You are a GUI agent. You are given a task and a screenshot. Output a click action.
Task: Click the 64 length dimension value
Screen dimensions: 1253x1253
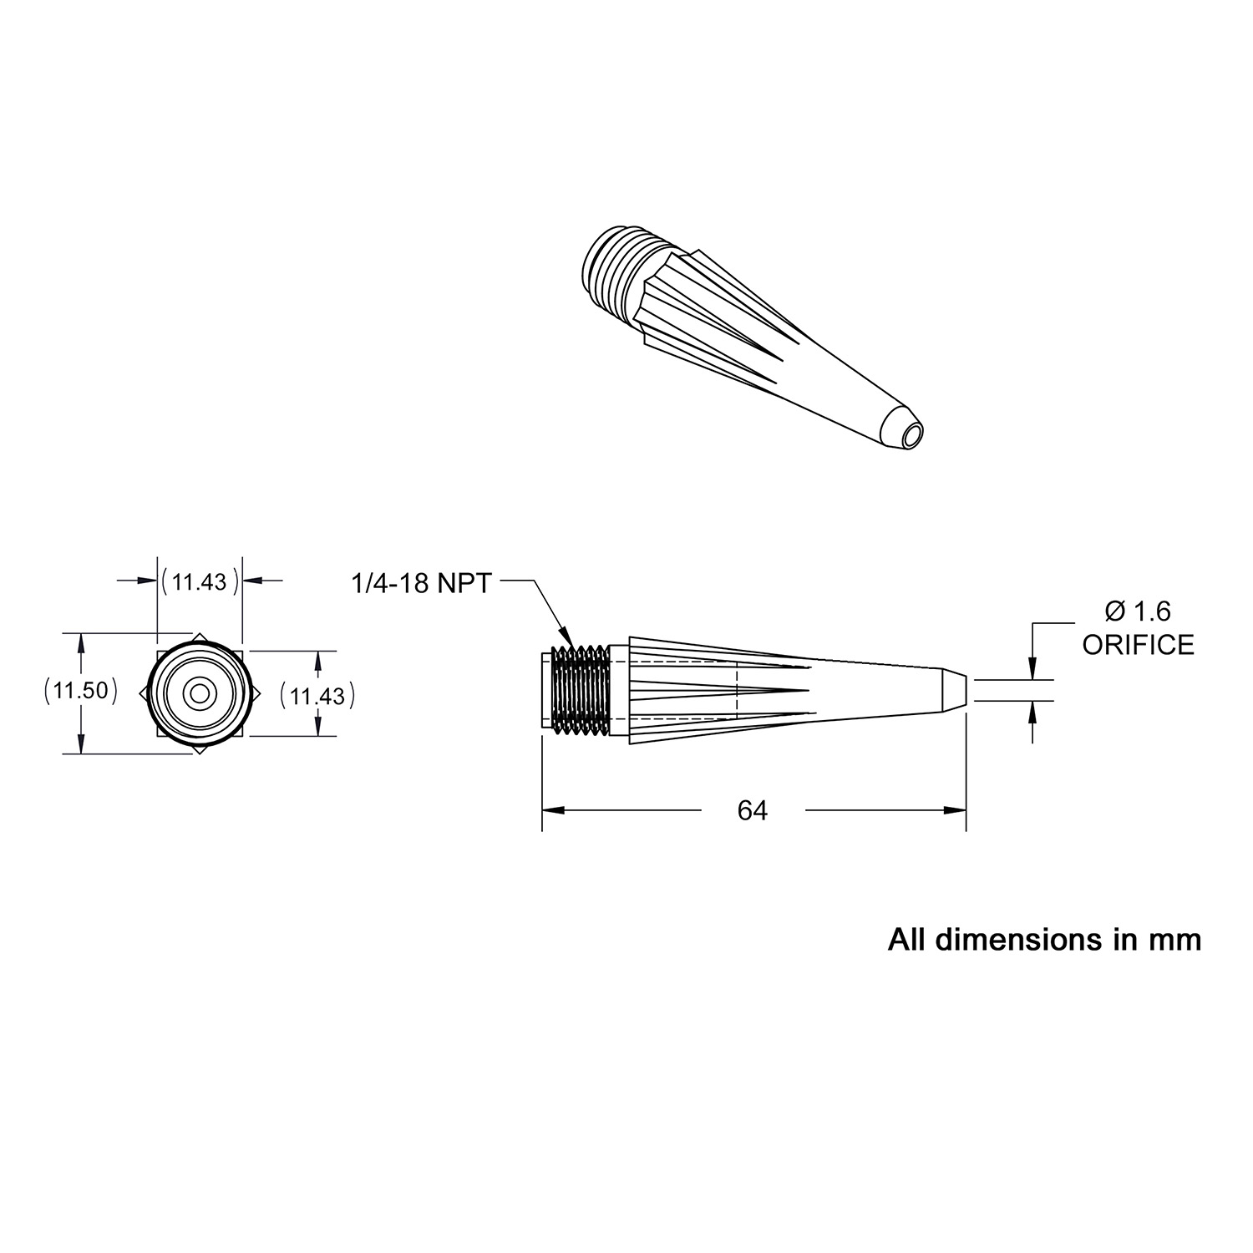coord(752,810)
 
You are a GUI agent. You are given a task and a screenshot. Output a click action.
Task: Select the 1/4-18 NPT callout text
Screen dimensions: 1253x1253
coord(422,582)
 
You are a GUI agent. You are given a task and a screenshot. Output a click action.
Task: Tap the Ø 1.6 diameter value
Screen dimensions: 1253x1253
coord(1138,611)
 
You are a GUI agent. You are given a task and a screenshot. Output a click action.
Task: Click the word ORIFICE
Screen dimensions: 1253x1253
coord(1138,645)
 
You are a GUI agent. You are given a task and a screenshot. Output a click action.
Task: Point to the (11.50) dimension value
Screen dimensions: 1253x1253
coord(79,692)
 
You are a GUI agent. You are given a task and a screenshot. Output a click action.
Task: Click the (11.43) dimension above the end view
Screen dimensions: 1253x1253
coord(200,581)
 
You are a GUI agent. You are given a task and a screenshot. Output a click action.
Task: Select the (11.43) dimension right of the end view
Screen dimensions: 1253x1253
coord(317,694)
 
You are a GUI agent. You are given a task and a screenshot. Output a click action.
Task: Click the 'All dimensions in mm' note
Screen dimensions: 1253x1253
coord(1044,940)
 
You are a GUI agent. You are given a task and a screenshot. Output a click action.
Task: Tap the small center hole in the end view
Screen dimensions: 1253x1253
coord(200,693)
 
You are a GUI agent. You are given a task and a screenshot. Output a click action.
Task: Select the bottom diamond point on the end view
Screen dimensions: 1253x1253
coord(200,749)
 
